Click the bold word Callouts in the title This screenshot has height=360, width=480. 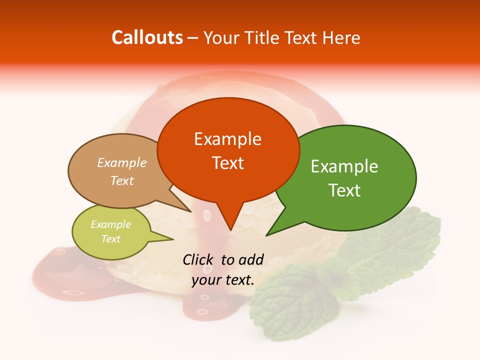click(147, 37)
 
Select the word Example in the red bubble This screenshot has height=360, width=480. click(227, 139)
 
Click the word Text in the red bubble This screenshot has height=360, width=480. click(227, 163)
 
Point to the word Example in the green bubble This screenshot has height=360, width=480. click(344, 166)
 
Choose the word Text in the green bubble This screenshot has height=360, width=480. click(344, 190)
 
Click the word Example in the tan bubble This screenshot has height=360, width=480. click(122, 163)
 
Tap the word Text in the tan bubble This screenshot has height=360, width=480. click(122, 181)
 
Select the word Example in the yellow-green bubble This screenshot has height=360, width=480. click(110, 224)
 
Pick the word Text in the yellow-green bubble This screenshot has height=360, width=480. click(110, 239)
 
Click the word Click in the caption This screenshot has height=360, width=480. click(199, 259)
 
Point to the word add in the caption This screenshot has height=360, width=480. click(251, 259)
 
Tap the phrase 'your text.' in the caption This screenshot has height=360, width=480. click(223, 280)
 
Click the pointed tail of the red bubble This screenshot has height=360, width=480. click(230, 225)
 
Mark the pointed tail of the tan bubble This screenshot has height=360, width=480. click(186, 208)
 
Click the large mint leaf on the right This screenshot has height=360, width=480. click(395, 250)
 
